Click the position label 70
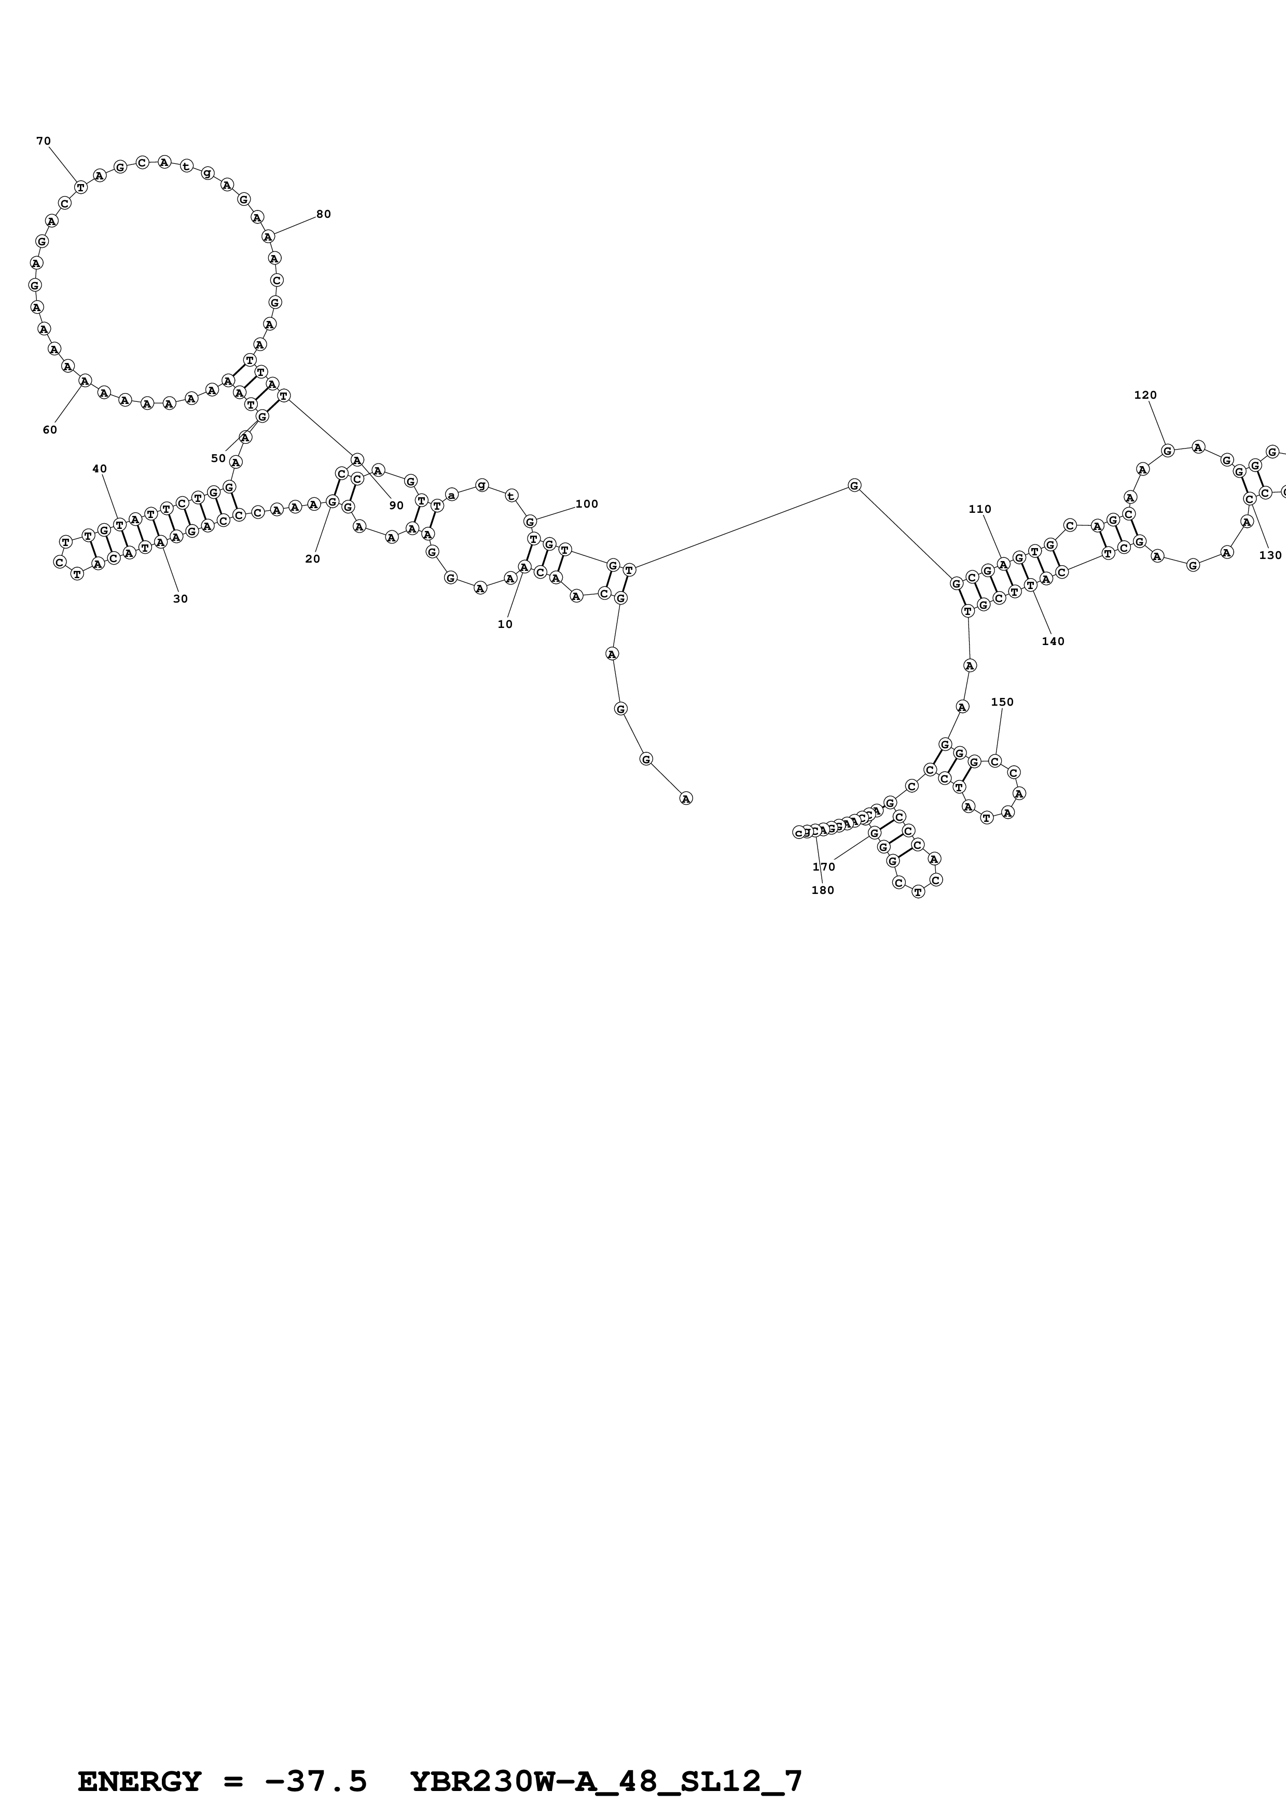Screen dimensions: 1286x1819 pos(44,141)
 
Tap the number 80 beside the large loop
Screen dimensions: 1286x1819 pos(323,214)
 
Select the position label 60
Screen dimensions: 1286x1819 pos(50,430)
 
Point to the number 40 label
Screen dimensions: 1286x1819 pos(100,469)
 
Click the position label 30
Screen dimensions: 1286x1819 pos(181,599)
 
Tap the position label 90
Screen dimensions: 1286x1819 pos(396,506)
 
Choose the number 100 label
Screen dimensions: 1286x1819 pos(587,504)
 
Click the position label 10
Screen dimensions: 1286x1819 pos(505,624)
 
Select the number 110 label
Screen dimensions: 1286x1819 pos(980,509)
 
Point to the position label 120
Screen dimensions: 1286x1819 pos(1146,395)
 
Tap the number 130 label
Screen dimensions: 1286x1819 pos(1270,555)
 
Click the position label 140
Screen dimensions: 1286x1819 pos(1053,642)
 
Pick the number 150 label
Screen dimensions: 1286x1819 pos(1002,702)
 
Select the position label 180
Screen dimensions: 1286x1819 pos(823,890)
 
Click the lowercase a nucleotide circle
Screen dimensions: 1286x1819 pos(452,495)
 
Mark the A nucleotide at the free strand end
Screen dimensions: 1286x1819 pos(686,799)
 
